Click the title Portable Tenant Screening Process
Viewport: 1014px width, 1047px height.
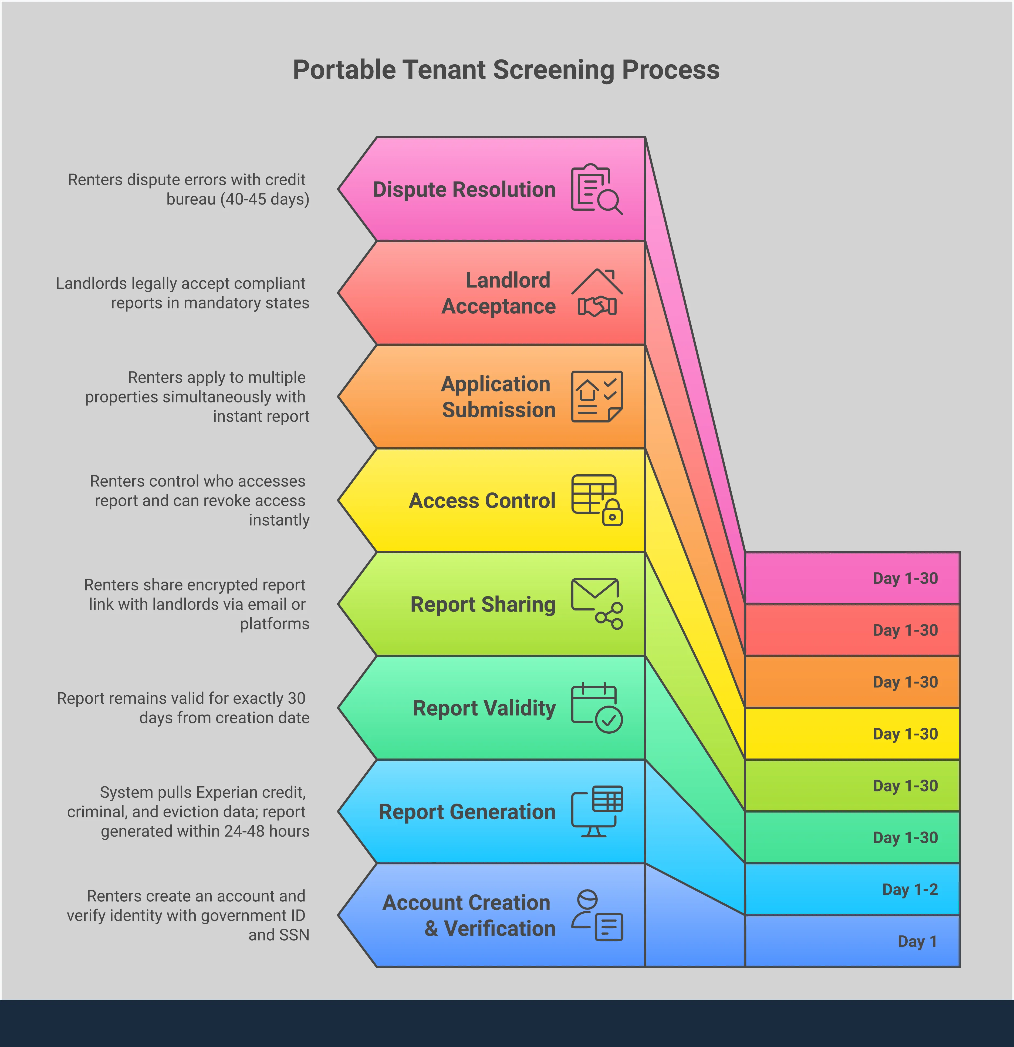[x=506, y=70]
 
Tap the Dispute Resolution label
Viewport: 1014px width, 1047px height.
[x=464, y=190]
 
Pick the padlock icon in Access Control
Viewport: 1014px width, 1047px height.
[x=613, y=513]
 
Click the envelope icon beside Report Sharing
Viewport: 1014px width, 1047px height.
[x=594, y=595]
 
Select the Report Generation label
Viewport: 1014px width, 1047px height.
[x=467, y=812]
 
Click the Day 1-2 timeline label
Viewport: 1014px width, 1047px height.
[x=910, y=890]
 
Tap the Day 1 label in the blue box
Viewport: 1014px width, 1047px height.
[x=917, y=941]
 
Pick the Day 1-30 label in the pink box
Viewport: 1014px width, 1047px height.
[x=905, y=579]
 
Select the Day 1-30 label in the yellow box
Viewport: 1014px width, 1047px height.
[x=905, y=734]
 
